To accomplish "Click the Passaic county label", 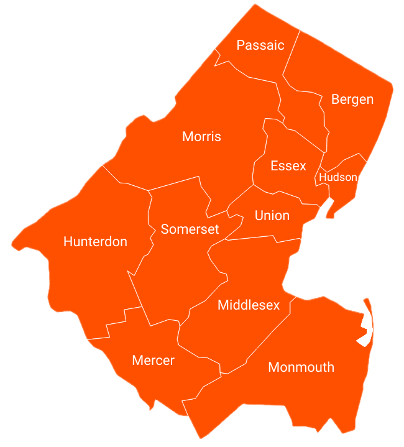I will (260, 45).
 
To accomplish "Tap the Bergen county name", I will (352, 99).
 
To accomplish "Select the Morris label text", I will (201, 137).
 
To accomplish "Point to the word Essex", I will (288, 166).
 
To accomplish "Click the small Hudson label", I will (338, 177).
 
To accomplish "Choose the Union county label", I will (272, 216).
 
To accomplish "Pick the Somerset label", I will (190, 229).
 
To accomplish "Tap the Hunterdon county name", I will (95, 242).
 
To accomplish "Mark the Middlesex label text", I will (249, 305).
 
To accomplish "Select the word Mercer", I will (154, 361).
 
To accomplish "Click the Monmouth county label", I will (301, 367).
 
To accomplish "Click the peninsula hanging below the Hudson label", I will (331, 209).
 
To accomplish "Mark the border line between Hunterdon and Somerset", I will (150, 211).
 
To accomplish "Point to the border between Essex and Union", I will (280, 193).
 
